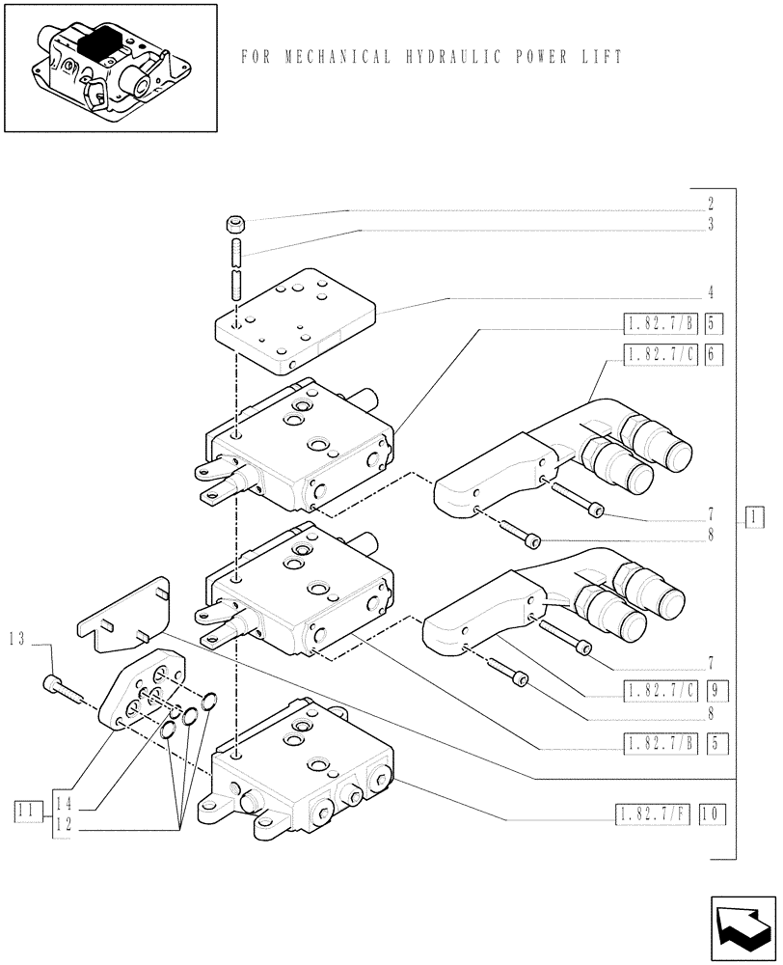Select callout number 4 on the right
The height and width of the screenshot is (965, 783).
point(710,291)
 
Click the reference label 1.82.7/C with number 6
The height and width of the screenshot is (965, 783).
point(661,354)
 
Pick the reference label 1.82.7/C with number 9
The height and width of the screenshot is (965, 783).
point(661,691)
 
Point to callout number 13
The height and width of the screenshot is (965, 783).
point(16,638)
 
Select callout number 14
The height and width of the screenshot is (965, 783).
point(63,802)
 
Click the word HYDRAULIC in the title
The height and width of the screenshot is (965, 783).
point(445,57)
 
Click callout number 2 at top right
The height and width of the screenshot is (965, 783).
point(710,204)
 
